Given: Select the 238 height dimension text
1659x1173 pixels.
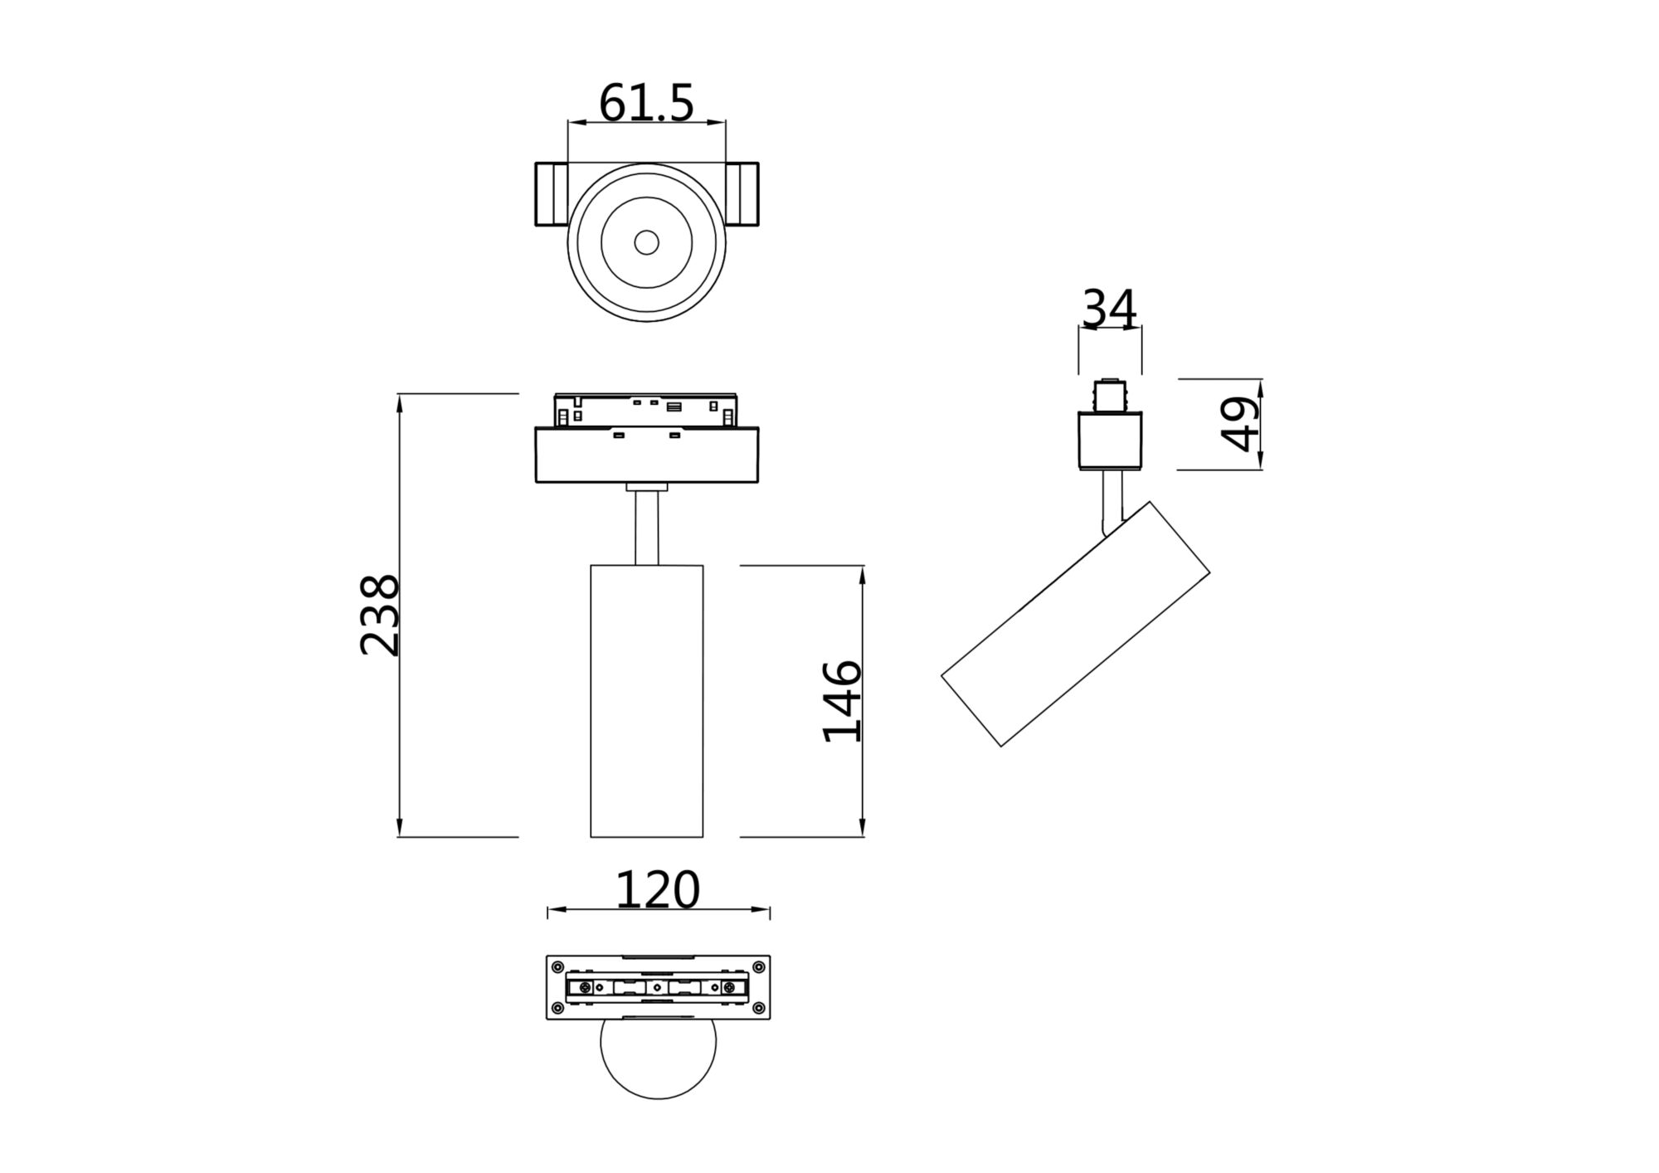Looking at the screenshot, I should [380, 615].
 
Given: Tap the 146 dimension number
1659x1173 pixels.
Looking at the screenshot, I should [842, 701].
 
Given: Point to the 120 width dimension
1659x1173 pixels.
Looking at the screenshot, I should [657, 890].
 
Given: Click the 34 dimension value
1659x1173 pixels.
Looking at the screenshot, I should [1109, 309].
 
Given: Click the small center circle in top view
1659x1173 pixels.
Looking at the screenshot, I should [646, 242].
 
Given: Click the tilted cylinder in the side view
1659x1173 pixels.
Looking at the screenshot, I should [1076, 624].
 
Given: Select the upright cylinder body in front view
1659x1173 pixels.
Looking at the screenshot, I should [646, 701].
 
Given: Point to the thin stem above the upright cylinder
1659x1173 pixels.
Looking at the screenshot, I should [646, 528].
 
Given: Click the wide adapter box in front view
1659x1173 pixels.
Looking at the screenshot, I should [646, 455].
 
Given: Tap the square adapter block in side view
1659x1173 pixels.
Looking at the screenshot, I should [1110, 440].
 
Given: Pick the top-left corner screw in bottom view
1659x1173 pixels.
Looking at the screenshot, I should [557, 966].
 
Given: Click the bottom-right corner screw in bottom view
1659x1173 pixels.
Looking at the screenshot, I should [759, 1008].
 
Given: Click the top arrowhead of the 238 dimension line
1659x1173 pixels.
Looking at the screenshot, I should [399, 402].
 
